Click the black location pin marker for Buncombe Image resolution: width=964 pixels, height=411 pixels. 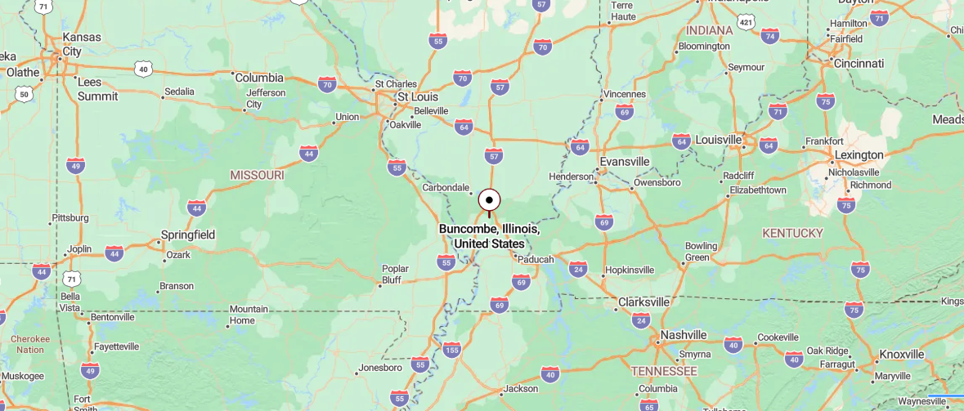click(x=489, y=200)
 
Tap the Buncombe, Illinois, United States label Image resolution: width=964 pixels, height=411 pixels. click(x=489, y=236)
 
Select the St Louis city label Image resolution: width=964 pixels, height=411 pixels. click(x=417, y=96)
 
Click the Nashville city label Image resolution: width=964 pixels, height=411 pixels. click(x=684, y=335)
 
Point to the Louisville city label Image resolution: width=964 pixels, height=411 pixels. click(x=718, y=140)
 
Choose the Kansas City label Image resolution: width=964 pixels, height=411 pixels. click(x=83, y=44)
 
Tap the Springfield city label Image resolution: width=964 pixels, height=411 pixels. click(x=188, y=235)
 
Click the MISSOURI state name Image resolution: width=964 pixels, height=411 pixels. click(x=257, y=175)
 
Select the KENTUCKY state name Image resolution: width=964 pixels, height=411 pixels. click(x=792, y=233)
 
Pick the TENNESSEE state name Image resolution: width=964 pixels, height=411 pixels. click(x=664, y=371)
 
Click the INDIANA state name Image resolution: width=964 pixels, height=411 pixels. click(x=710, y=30)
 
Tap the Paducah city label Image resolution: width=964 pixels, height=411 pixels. click(x=537, y=259)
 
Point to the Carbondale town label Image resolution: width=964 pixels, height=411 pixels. click(x=446, y=187)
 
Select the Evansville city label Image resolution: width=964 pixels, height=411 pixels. click(x=625, y=161)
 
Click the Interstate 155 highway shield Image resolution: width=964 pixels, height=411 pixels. click(x=451, y=350)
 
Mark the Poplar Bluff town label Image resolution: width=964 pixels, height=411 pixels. click(x=395, y=275)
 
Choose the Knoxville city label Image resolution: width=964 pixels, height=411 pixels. click(x=901, y=355)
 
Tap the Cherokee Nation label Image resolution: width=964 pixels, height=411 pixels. click(x=30, y=344)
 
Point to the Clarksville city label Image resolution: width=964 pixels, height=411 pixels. click(x=643, y=302)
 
